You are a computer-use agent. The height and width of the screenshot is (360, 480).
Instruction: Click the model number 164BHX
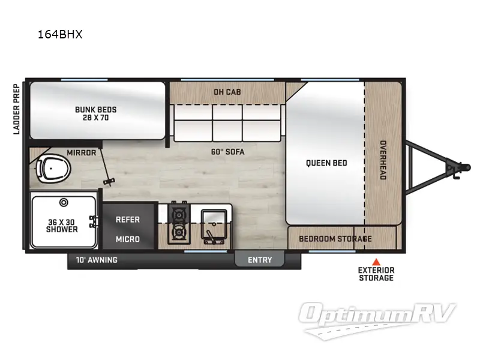click(59, 34)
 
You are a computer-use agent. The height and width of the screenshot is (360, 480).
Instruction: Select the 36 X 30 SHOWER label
click(62, 226)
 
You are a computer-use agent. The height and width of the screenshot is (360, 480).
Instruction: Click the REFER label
click(127, 220)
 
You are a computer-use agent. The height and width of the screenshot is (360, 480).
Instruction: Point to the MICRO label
click(127, 239)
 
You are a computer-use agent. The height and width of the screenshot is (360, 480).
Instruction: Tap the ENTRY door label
click(260, 260)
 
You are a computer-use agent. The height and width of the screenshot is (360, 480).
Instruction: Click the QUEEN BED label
click(326, 163)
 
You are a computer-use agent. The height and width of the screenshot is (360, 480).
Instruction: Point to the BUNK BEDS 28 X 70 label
click(95, 113)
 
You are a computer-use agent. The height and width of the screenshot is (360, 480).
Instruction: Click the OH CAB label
click(227, 92)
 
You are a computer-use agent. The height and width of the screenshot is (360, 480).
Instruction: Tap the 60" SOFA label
click(229, 152)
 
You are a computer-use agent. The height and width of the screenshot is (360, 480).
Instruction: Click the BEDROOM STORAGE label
click(335, 239)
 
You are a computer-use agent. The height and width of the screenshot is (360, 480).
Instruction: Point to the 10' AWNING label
click(97, 260)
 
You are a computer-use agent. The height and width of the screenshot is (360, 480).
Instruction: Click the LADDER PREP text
click(17, 109)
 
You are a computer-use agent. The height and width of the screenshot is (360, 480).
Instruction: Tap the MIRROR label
click(82, 152)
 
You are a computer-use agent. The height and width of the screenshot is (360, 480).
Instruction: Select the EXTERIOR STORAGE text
click(376, 274)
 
